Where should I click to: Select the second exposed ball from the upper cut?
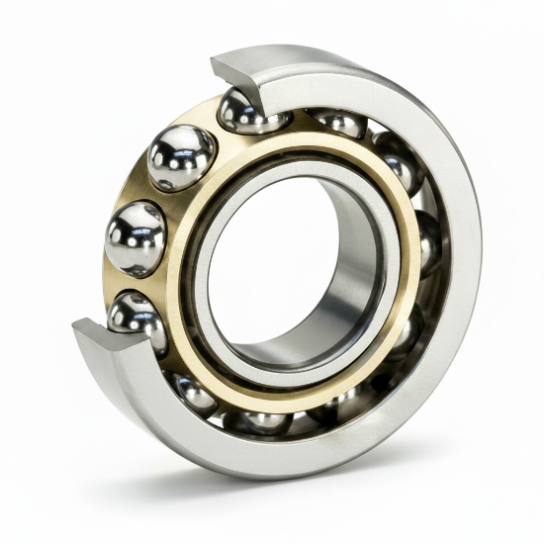pyautogui.click(x=181, y=156)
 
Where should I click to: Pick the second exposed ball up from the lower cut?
pyautogui.click(x=136, y=238)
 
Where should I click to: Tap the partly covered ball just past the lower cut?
pyautogui.click(x=192, y=392)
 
